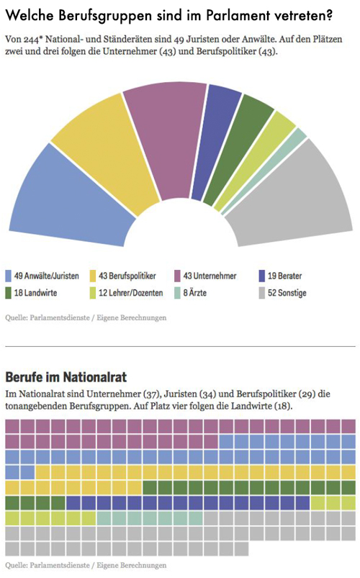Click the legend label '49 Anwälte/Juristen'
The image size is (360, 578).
coord(47,276)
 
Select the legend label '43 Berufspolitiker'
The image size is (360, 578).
coord(127,276)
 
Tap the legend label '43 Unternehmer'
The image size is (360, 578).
coord(210,276)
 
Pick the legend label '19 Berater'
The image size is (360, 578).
coord(284,276)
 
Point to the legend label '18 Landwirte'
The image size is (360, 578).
coord(35,293)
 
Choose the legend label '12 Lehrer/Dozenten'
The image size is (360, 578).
coord(130,293)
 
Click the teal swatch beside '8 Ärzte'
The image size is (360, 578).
coord(177,293)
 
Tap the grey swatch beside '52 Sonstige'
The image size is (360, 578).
coord(261,293)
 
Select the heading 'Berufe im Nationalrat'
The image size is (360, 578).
coord(66,377)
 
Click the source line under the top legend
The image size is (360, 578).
coord(86,317)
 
